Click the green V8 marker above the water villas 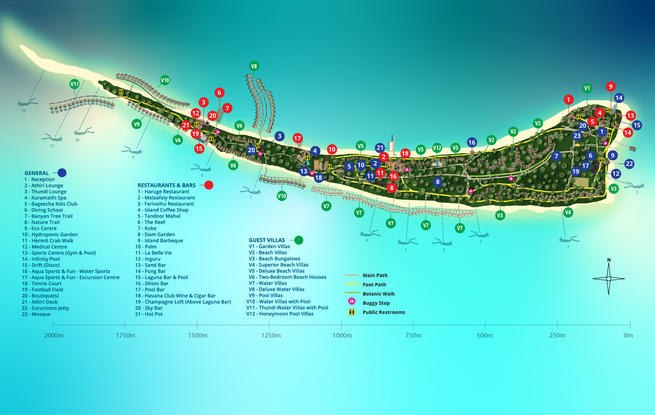(x=254, y=66)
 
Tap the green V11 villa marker (x=74, y=84)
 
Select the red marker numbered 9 (x=611, y=87)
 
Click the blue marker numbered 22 (x=629, y=164)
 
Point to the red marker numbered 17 (x=297, y=138)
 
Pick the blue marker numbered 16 (x=472, y=143)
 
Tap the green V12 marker (x=437, y=148)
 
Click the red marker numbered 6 (x=219, y=92)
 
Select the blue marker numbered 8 (x=438, y=182)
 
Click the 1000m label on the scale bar (x=342, y=335)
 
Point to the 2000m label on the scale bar (x=54, y=335)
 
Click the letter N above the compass (x=609, y=260)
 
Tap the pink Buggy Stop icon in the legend (x=352, y=301)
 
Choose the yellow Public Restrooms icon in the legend (x=352, y=312)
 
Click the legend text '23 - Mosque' (x=36, y=314)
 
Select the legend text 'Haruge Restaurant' (x=167, y=192)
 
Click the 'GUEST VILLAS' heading (x=267, y=240)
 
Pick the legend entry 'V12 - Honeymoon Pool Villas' (x=280, y=314)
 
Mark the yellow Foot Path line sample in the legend (x=352, y=284)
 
